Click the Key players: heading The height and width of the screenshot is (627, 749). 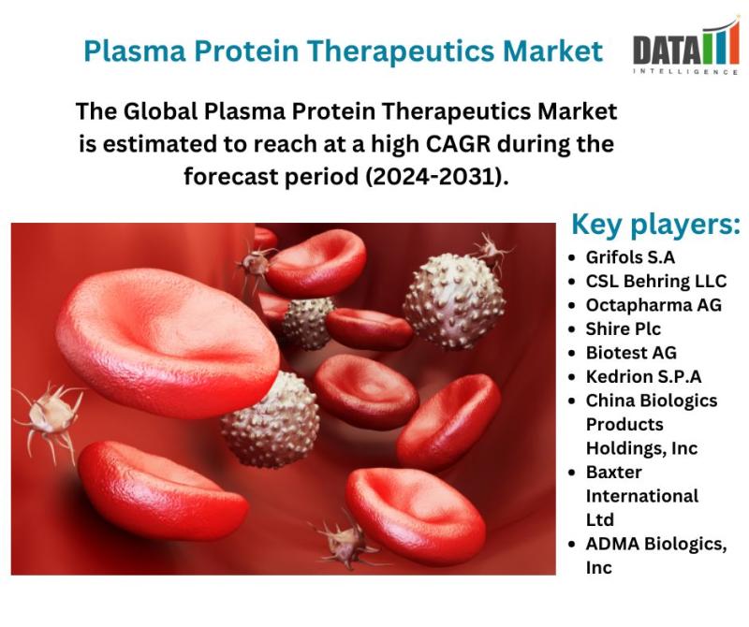[655, 225]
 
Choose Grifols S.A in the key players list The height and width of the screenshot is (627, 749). [630, 257]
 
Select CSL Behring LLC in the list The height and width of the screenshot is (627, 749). [656, 282]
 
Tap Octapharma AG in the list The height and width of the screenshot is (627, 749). [654, 305]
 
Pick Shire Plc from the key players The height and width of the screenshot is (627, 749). [624, 329]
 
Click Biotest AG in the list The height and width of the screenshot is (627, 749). [631, 353]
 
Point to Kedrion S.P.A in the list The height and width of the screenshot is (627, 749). [643, 377]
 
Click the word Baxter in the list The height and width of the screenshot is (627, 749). [614, 473]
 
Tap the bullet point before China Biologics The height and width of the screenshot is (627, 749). [572, 401]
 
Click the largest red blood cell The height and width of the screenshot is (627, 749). [168, 343]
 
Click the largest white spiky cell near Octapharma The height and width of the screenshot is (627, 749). [454, 300]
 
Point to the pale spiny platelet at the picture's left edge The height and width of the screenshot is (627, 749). [51, 416]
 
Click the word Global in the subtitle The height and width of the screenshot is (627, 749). [160, 111]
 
